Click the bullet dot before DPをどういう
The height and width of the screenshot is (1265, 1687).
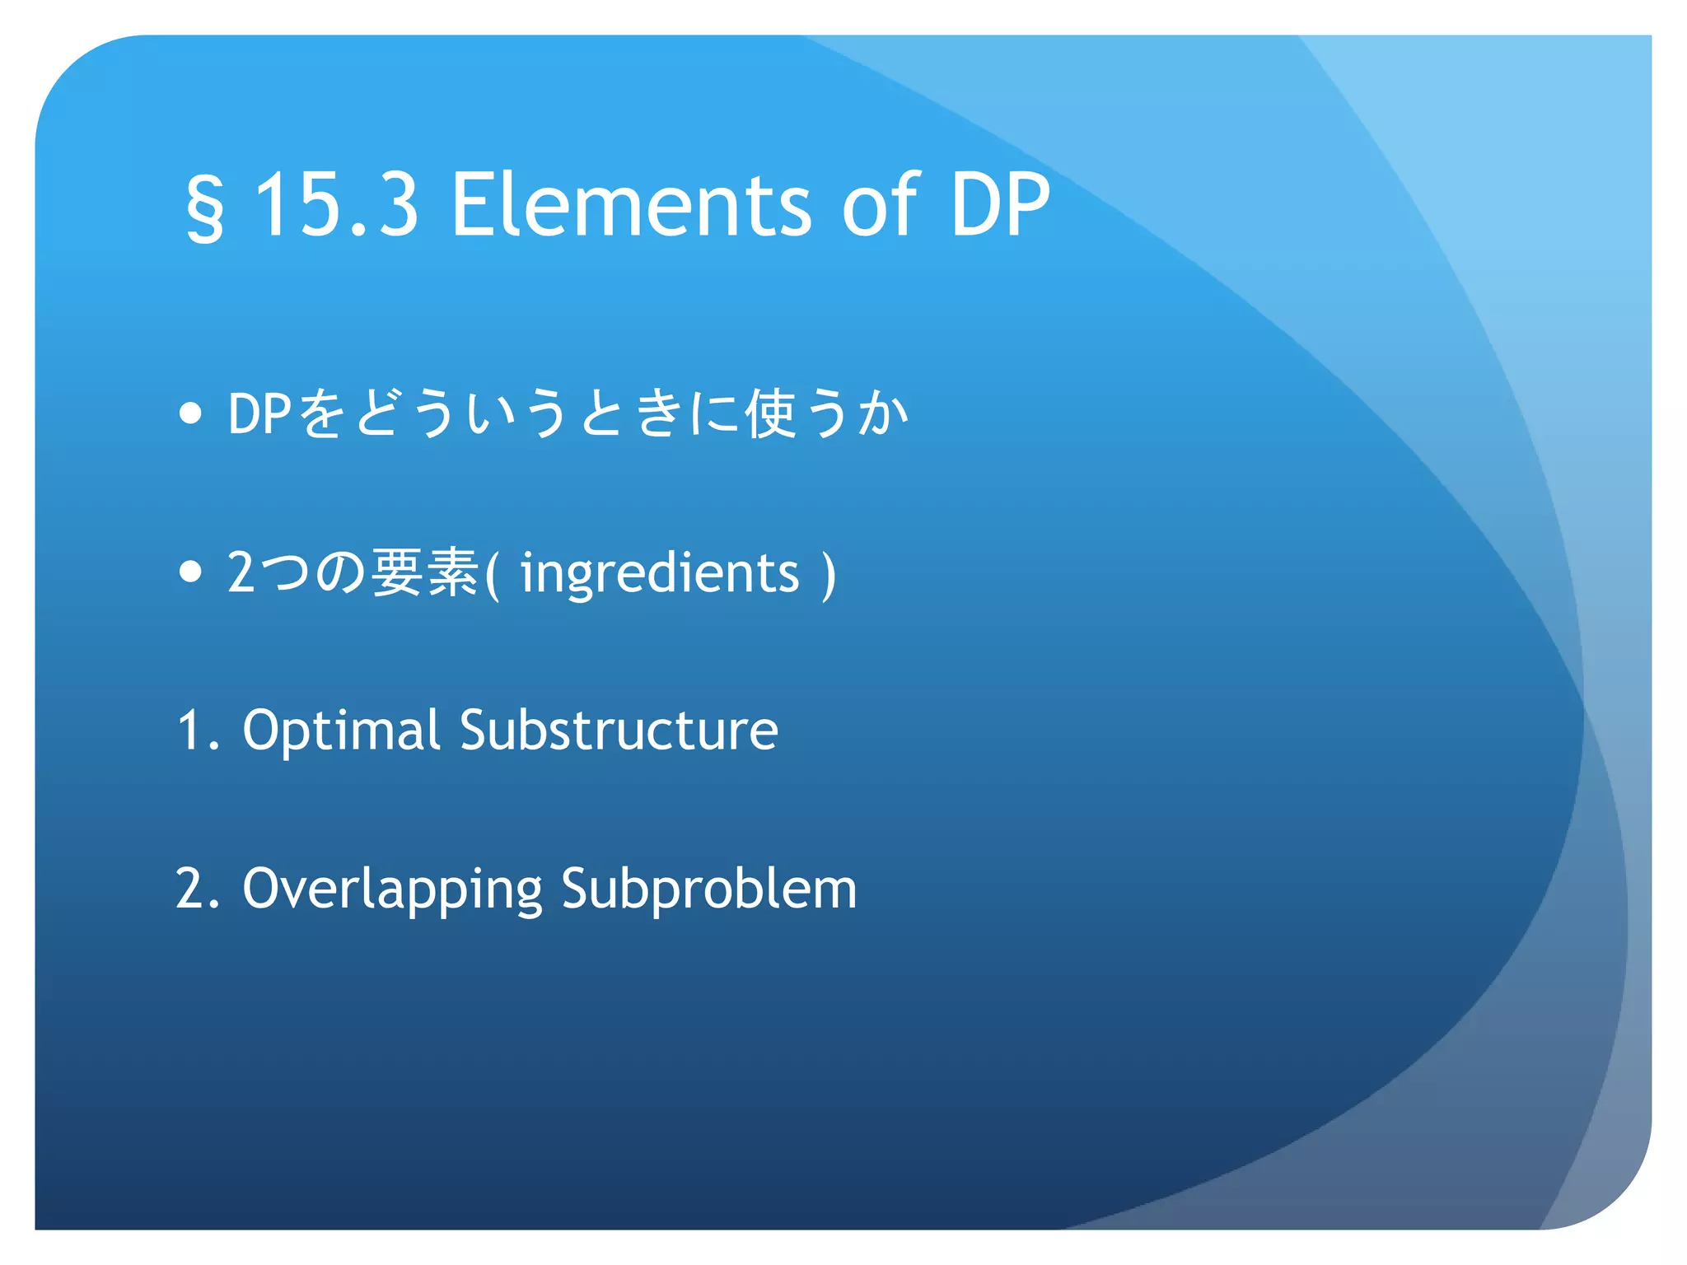190,413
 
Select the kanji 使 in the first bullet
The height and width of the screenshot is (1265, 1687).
770,413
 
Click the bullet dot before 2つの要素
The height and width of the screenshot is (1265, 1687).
190,572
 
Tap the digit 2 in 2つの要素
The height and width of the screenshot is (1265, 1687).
241,572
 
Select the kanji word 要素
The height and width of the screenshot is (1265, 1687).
425,572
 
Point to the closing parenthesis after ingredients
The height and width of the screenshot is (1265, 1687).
829,575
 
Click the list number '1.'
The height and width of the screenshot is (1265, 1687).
199,731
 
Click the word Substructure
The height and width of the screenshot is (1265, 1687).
619,731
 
